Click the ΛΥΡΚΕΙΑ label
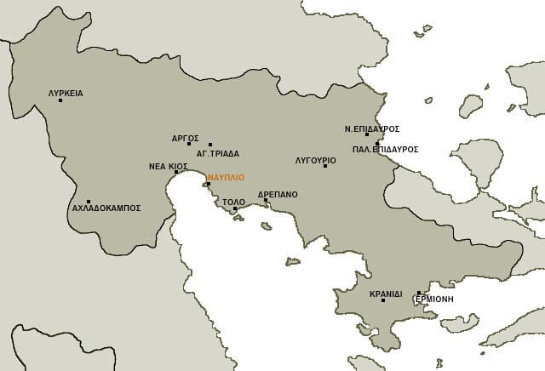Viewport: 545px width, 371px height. (66, 94)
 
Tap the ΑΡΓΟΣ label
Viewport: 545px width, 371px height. (185, 137)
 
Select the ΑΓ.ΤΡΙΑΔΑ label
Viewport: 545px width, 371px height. (218, 154)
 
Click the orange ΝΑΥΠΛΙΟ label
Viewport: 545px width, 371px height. (226, 177)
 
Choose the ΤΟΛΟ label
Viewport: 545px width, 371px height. (233, 203)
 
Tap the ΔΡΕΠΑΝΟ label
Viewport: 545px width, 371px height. (278, 194)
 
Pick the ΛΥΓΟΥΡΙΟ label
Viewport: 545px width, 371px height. (315, 160)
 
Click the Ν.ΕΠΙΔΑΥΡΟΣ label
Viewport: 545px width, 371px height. (372, 129)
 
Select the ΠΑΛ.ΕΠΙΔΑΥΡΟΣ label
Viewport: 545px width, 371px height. (385, 149)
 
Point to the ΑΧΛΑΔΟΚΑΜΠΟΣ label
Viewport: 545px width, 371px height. (106, 208)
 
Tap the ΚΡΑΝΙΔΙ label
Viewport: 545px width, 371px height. (386, 294)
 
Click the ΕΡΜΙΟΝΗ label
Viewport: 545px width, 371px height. (434, 300)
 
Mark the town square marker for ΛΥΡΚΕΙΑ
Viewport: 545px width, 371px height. (60, 100)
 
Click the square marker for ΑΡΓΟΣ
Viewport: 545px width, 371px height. (189, 143)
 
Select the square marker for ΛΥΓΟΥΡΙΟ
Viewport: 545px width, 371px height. (325, 165)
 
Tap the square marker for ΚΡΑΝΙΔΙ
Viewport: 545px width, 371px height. (383, 300)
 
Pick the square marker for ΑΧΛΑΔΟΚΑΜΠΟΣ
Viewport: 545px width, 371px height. (89, 202)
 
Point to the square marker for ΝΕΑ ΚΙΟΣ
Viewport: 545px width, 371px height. (176, 173)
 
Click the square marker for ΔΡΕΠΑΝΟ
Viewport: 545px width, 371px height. (266, 201)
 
